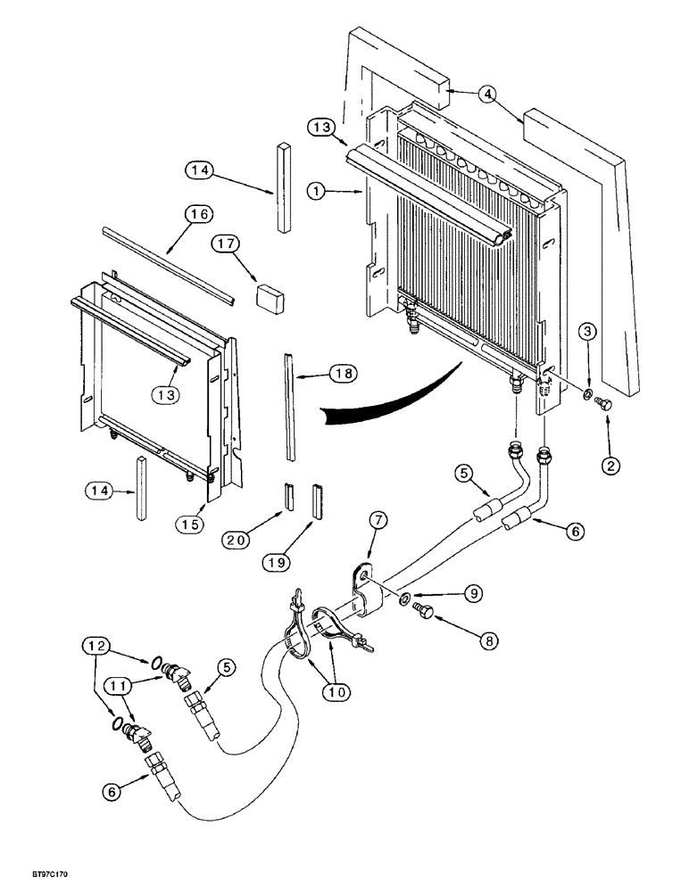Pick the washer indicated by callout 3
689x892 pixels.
point(588,395)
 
